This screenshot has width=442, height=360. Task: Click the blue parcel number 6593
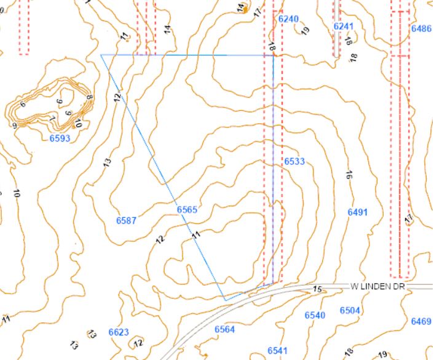point(60,138)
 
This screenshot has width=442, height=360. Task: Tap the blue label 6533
point(294,161)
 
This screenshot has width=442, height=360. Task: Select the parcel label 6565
point(187,210)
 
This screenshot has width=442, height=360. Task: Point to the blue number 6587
point(126,220)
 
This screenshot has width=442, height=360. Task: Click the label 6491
point(357,212)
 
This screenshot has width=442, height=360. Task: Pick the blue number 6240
point(288,19)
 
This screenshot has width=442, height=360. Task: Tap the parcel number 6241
point(344,26)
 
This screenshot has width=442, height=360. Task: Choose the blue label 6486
point(421,28)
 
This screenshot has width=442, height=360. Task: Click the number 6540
point(315,315)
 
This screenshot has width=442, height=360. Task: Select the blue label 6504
point(349,310)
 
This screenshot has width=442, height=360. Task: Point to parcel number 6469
point(421,321)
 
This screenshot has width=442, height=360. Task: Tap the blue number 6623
point(119,332)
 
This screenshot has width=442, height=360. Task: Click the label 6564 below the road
point(224,330)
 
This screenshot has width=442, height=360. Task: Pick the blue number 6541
point(277,350)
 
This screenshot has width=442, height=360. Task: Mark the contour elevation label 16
point(349,175)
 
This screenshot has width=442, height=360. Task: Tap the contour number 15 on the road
point(317,289)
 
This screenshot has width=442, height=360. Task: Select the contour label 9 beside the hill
point(14,126)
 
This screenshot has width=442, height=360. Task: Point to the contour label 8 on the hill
point(89,97)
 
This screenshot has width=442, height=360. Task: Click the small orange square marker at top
point(245,10)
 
